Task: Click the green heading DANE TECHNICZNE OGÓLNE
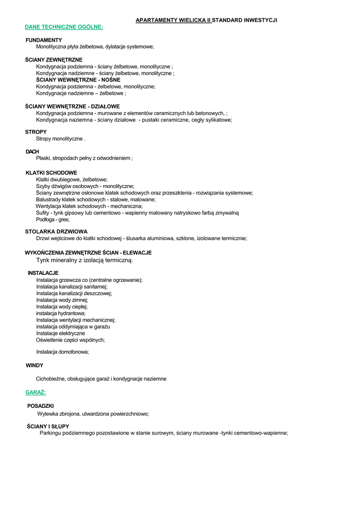point(64,27)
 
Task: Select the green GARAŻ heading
point(36,392)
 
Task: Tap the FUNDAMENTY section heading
point(44,40)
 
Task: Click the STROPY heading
point(36,132)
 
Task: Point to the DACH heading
point(32,151)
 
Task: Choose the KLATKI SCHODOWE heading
point(51,173)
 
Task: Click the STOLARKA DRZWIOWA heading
point(56,232)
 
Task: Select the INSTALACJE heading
point(43,273)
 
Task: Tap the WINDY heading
point(34,366)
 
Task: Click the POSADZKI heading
point(41,406)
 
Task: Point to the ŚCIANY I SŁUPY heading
point(48,426)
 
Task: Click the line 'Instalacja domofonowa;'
point(63,352)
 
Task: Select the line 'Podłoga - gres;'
point(53,219)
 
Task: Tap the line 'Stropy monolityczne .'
point(61,139)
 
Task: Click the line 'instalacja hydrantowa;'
point(61,314)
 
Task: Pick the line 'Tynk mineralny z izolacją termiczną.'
point(84,260)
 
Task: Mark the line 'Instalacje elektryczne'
point(61,333)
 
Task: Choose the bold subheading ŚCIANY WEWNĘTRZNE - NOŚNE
point(78,79)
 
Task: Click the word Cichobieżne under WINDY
point(51,379)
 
